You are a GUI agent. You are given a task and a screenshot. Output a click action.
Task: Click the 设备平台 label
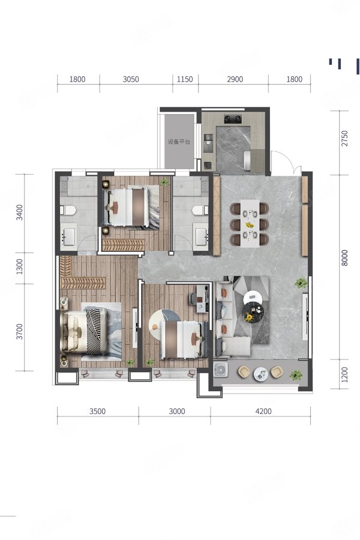[x=179, y=142]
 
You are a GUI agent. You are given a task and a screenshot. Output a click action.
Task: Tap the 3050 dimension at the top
[x=131, y=79]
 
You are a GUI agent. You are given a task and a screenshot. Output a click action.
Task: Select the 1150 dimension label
[x=185, y=79]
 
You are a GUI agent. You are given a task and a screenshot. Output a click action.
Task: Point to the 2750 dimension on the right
[x=344, y=139]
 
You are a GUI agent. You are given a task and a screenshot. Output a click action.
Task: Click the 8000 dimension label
[x=344, y=258]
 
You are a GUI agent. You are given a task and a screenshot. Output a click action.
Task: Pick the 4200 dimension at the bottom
[x=263, y=411]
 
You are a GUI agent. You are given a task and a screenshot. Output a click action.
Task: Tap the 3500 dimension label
[x=97, y=411]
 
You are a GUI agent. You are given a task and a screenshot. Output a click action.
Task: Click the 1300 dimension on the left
[x=20, y=267]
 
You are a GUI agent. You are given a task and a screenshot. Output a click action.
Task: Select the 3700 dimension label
[x=20, y=331]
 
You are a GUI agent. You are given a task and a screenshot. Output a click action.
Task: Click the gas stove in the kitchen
[x=232, y=119]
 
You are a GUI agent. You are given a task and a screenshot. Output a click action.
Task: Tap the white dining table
[x=250, y=224]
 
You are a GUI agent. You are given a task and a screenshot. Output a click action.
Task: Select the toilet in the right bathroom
[x=200, y=210]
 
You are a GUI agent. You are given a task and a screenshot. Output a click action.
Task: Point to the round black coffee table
[x=253, y=311]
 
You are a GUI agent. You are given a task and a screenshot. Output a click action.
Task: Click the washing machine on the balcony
[x=220, y=370]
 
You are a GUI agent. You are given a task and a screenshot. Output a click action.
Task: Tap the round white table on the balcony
[x=261, y=374]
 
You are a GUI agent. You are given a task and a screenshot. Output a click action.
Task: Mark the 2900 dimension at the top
[x=235, y=79]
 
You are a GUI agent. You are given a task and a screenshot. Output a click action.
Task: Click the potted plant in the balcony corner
[x=296, y=374]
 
